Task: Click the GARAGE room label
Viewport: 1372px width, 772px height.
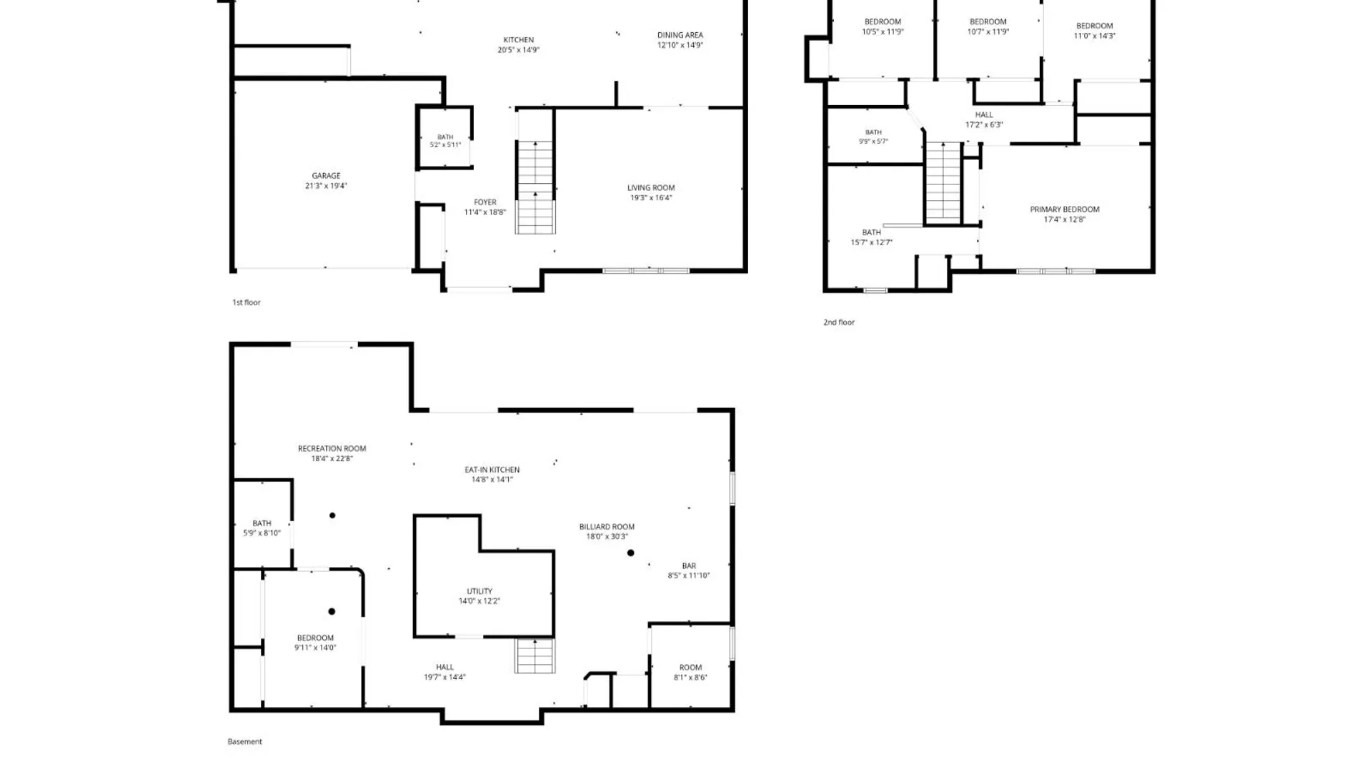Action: click(x=326, y=176)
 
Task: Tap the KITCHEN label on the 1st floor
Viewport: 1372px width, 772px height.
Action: click(x=519, y=40)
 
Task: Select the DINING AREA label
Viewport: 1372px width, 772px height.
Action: click(x=680, y=35)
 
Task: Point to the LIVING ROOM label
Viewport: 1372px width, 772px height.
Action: click(x=651, y=188)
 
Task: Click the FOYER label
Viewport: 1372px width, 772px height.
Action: click(x=485, y=202)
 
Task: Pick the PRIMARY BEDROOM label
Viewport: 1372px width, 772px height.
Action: click(x=1065, y=209)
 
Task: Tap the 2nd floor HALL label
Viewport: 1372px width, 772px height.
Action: click(x=984, y=114)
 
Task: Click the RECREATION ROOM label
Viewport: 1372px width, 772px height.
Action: click(x=332, y=449)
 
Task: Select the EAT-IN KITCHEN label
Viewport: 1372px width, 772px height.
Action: click(x=492, y=470)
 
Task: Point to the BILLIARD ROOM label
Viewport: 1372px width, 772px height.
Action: click(x=607, y=527)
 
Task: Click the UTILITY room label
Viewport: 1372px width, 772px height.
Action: click(x=479, y=591)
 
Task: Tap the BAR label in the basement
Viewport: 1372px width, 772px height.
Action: click(x=689, y=565)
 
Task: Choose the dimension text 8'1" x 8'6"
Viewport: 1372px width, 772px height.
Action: click(x=690, y=678)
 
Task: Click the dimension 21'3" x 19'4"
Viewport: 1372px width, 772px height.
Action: click(x=326, y=186)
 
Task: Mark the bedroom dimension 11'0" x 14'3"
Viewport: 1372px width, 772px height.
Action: click(x=1094, y=36)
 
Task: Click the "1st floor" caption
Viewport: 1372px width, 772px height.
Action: click(x=247, y=302)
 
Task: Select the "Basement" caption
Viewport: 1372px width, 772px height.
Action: click(x=245, y=741)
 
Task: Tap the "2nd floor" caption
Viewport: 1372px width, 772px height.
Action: click(x=839, y=322)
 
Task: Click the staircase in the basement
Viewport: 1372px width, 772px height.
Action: click(x=535, y=655)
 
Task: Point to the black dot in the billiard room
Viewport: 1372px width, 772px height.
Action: click(x=631, y=553)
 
